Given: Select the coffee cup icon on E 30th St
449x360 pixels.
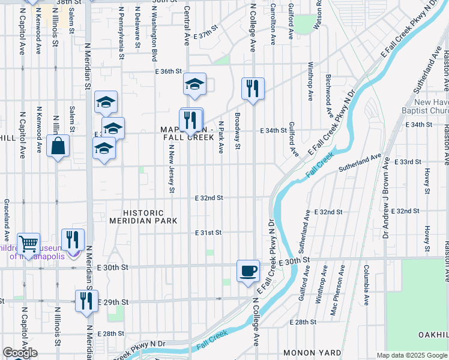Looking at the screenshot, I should (249, 271).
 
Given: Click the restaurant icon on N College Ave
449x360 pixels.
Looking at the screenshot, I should (253, 89).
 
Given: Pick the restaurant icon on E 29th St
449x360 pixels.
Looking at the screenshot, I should (86, 301).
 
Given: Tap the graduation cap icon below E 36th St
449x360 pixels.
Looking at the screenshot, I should (194, 85).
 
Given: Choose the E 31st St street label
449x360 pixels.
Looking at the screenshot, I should (208, 233).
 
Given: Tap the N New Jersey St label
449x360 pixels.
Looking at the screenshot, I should (171, 169).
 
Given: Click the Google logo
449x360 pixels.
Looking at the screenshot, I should (20, 353).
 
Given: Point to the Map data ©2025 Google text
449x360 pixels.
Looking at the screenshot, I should (411, 355).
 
